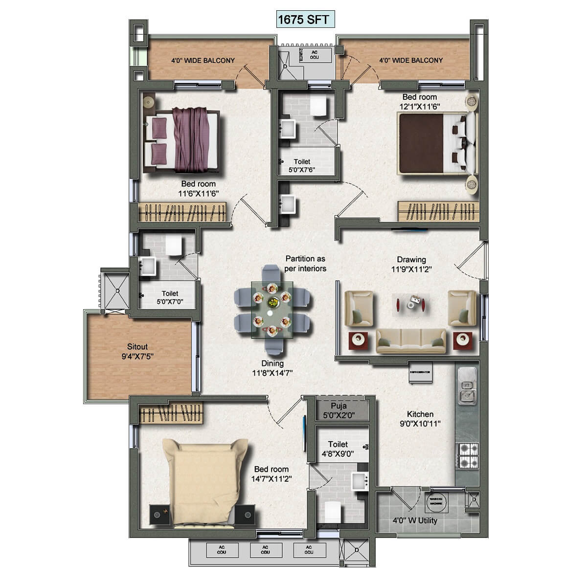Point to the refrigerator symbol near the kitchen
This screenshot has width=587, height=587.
420,371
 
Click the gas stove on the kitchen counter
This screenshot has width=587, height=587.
467,455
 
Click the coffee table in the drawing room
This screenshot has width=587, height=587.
410,302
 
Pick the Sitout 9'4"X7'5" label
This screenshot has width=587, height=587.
137,351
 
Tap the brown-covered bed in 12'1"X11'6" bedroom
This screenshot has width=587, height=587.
430,143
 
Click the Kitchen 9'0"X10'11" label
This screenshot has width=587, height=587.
420,419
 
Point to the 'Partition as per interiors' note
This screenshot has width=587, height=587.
305,263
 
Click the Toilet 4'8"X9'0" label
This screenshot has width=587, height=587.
338,449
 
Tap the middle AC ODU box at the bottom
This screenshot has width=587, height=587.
265,550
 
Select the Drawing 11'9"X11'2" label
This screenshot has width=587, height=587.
411,264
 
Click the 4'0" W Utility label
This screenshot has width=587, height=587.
415,520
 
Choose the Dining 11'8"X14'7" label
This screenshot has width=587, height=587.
272,368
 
